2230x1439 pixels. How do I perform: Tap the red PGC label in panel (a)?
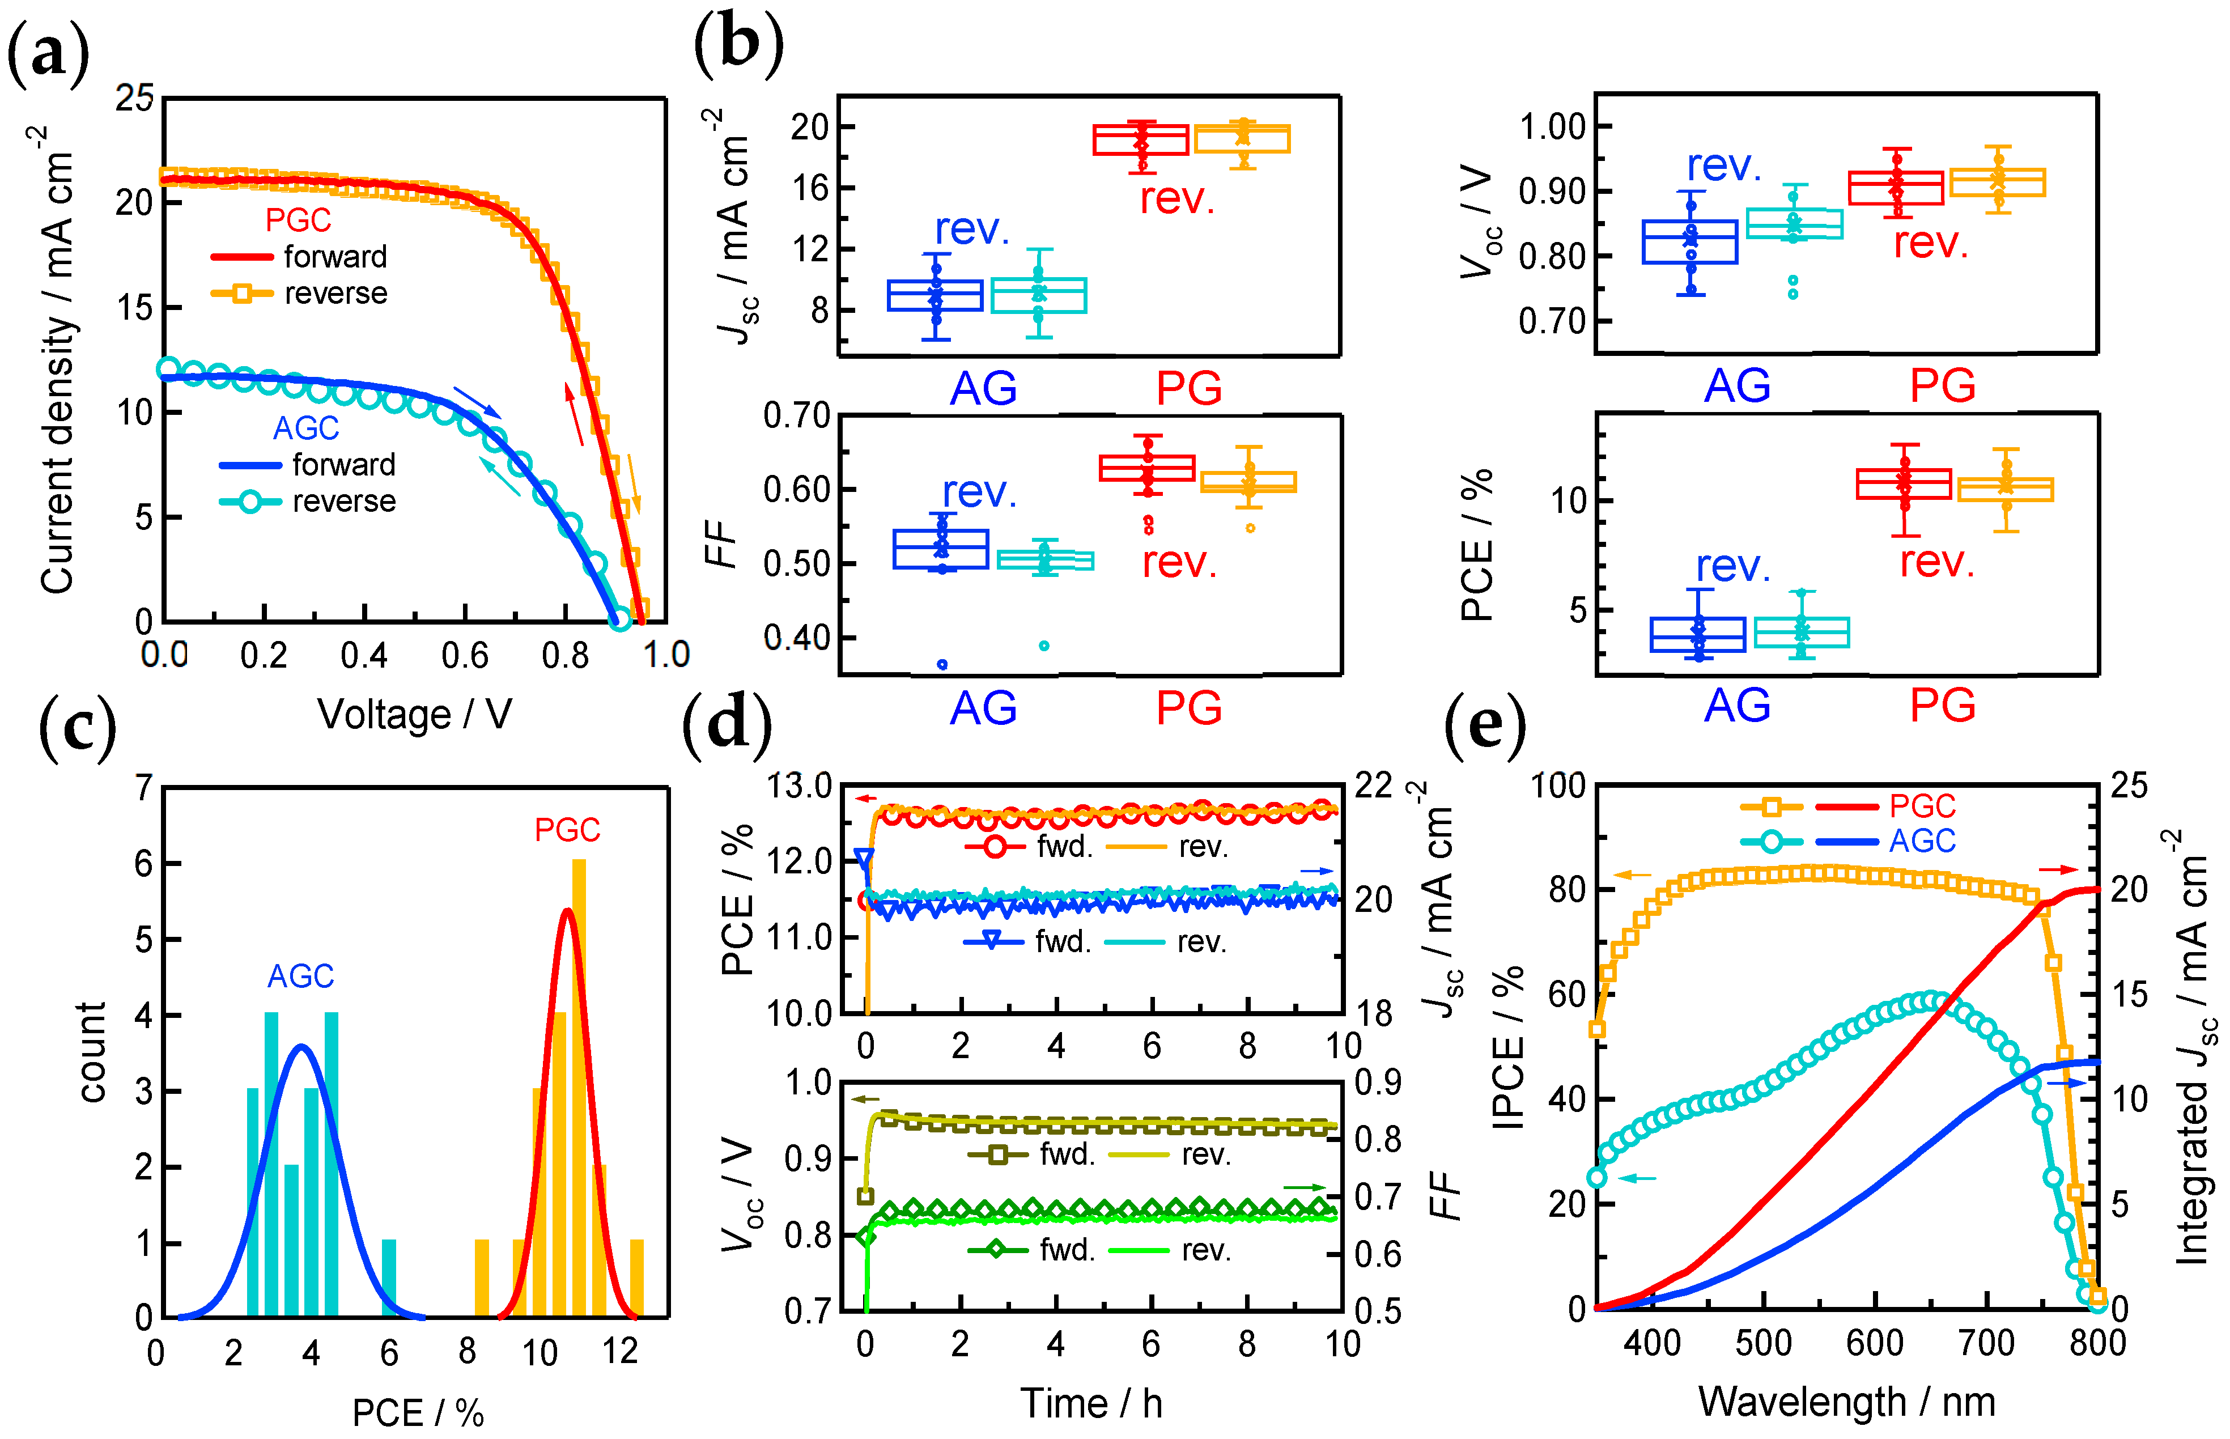(x=298, y=220)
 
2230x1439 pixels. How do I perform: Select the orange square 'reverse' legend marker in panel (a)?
(x=241, y=294)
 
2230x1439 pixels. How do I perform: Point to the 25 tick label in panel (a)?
(x=134, y=97)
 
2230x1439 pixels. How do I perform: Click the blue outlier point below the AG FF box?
(x=942, y=664)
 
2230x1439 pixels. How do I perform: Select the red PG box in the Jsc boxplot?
(x=1141, y=140)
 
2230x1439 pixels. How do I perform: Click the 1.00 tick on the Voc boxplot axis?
(x=1552, y=125)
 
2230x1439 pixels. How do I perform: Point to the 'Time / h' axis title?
(x=1090, y=1403)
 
